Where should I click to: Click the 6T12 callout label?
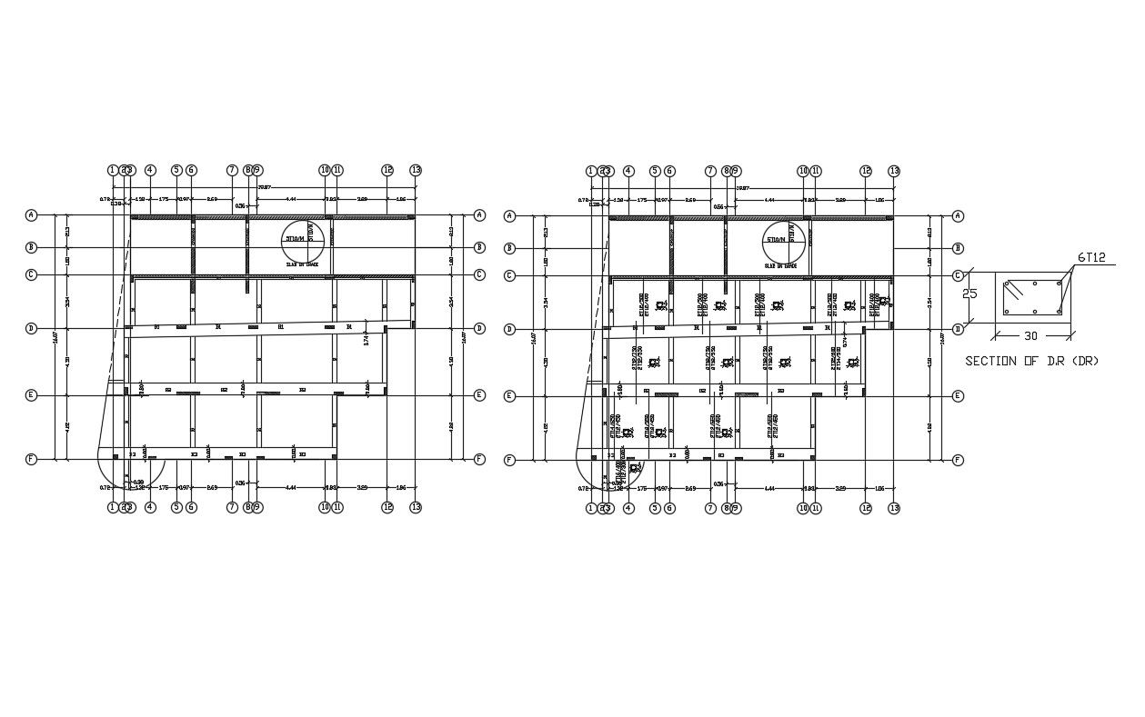1091,258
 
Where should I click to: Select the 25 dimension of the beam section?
970,294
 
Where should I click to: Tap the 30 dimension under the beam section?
1030,336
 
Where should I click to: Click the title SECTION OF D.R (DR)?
1031,361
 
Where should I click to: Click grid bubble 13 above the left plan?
416,170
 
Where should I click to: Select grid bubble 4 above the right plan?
628,171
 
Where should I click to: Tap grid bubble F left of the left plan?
31,459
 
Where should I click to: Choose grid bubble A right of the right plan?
957,216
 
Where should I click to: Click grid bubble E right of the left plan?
479,395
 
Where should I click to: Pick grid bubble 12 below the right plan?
866,508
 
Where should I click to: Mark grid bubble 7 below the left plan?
232,507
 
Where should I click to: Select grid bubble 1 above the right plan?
591,171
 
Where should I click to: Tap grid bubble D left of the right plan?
509,329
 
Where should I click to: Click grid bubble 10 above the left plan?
324,170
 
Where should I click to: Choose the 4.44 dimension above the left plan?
291,198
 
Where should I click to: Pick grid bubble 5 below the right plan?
655,508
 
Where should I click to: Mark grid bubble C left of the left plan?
31,274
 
